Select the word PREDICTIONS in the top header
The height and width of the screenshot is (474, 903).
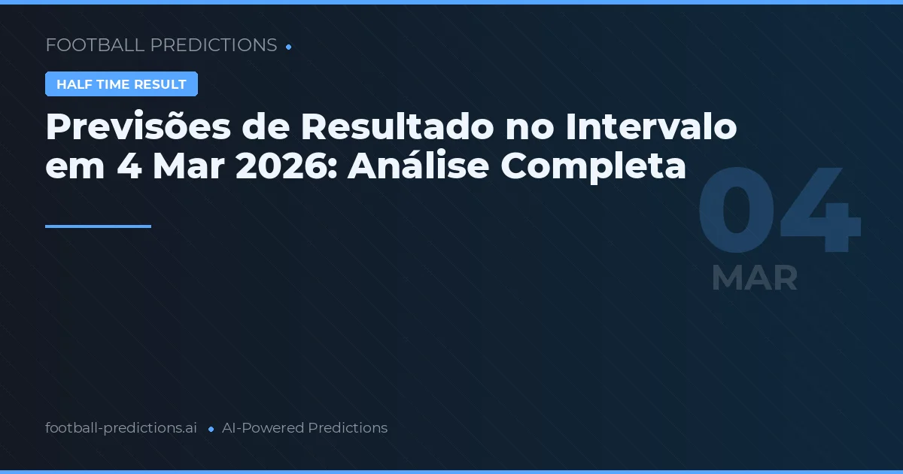point(214,45)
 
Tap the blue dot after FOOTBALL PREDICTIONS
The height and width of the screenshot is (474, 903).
point(289,47)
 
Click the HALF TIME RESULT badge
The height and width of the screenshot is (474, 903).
point(121,84)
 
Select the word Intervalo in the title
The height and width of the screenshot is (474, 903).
point(651,128)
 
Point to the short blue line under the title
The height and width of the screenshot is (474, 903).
point(98,226)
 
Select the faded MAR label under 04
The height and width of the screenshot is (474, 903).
point(754,278)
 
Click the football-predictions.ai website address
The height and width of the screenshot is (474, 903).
point(121,428)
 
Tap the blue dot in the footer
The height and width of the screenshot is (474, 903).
point(211,429)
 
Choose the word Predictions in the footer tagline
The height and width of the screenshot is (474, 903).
point(348,428)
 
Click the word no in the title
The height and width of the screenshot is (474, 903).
point(521,128)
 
